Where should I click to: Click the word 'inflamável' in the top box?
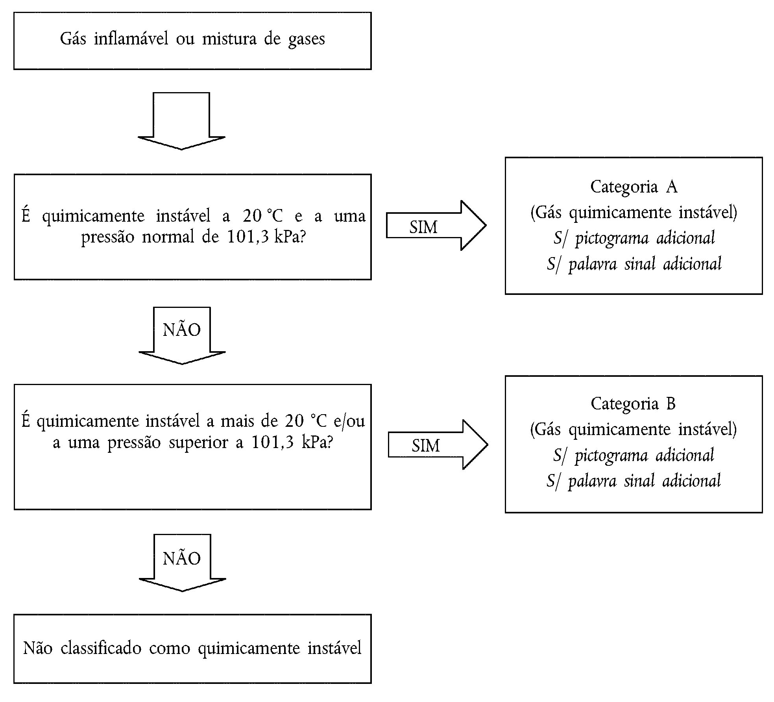click(x=131, y=39)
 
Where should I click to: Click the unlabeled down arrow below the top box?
click(x=181, y=121)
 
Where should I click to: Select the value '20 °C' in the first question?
click(x=262, y=216)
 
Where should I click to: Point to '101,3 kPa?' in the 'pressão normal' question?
click(x=266, y=237)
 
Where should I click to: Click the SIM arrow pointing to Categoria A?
click(x=436, y=226)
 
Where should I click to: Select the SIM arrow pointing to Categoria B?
click(x=438, y=445)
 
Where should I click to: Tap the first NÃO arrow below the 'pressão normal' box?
click(x=182, y=335)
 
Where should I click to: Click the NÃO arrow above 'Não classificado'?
click(x=182, y=563)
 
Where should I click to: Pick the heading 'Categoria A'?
click(x=634, y=187)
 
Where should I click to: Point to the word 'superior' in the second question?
click(x=198, y=443)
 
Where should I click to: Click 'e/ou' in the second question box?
click(x=349, y=421)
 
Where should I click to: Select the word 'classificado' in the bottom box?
click(x=101, y=648)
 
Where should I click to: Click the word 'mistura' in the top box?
click(x=229, y=39)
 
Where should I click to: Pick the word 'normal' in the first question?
click(x=168, y=237)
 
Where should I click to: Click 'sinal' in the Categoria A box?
click(x=640, y=264)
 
